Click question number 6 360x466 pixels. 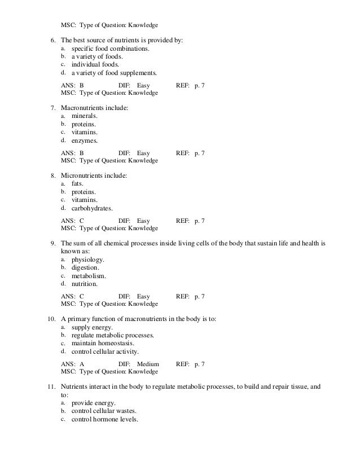point(53,41)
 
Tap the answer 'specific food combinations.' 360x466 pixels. point(110,49)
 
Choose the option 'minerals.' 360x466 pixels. point(84,115)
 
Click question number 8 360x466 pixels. point(53,175)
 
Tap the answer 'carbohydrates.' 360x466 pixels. point(91,208)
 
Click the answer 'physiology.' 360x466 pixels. point(87,260)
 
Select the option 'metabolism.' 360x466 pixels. point(89,276)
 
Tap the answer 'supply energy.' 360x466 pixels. point(92,328)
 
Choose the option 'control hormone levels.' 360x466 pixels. point(104,420)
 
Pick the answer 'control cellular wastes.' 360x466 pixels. point(106,412)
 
